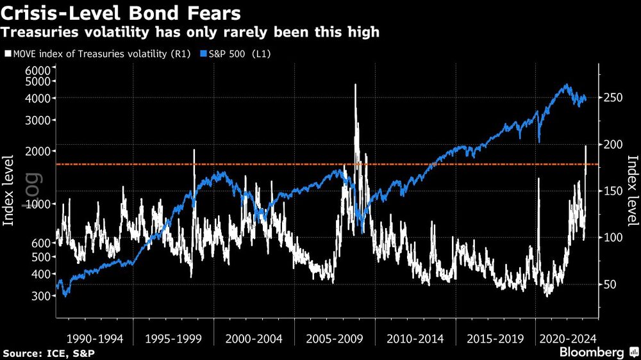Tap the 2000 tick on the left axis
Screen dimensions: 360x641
38,151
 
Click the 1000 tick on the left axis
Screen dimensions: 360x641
38,204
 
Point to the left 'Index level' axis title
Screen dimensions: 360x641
10,190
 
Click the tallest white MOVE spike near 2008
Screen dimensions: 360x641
355,86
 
